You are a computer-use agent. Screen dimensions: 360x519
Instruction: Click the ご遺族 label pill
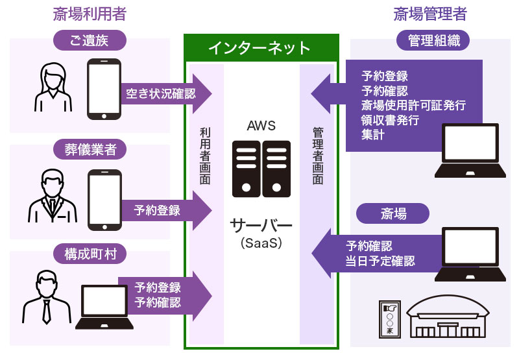point(90,42)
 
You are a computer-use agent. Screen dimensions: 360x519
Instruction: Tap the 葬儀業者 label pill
point(90,150)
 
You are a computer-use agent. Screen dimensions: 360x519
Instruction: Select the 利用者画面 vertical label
point(206,156)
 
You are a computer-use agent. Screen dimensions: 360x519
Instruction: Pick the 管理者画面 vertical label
point(317,156)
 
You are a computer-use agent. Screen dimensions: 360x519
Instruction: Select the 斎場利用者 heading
point(90,14)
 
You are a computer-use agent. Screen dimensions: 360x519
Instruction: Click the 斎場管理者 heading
point(430,14)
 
